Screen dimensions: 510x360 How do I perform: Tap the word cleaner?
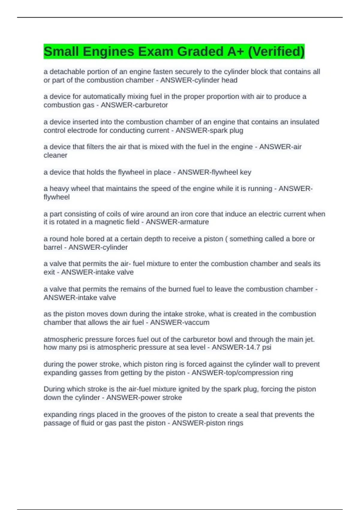point(55,155)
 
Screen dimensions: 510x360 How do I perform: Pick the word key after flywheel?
point(246,172)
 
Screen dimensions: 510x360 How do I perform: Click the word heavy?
point(58,189)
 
